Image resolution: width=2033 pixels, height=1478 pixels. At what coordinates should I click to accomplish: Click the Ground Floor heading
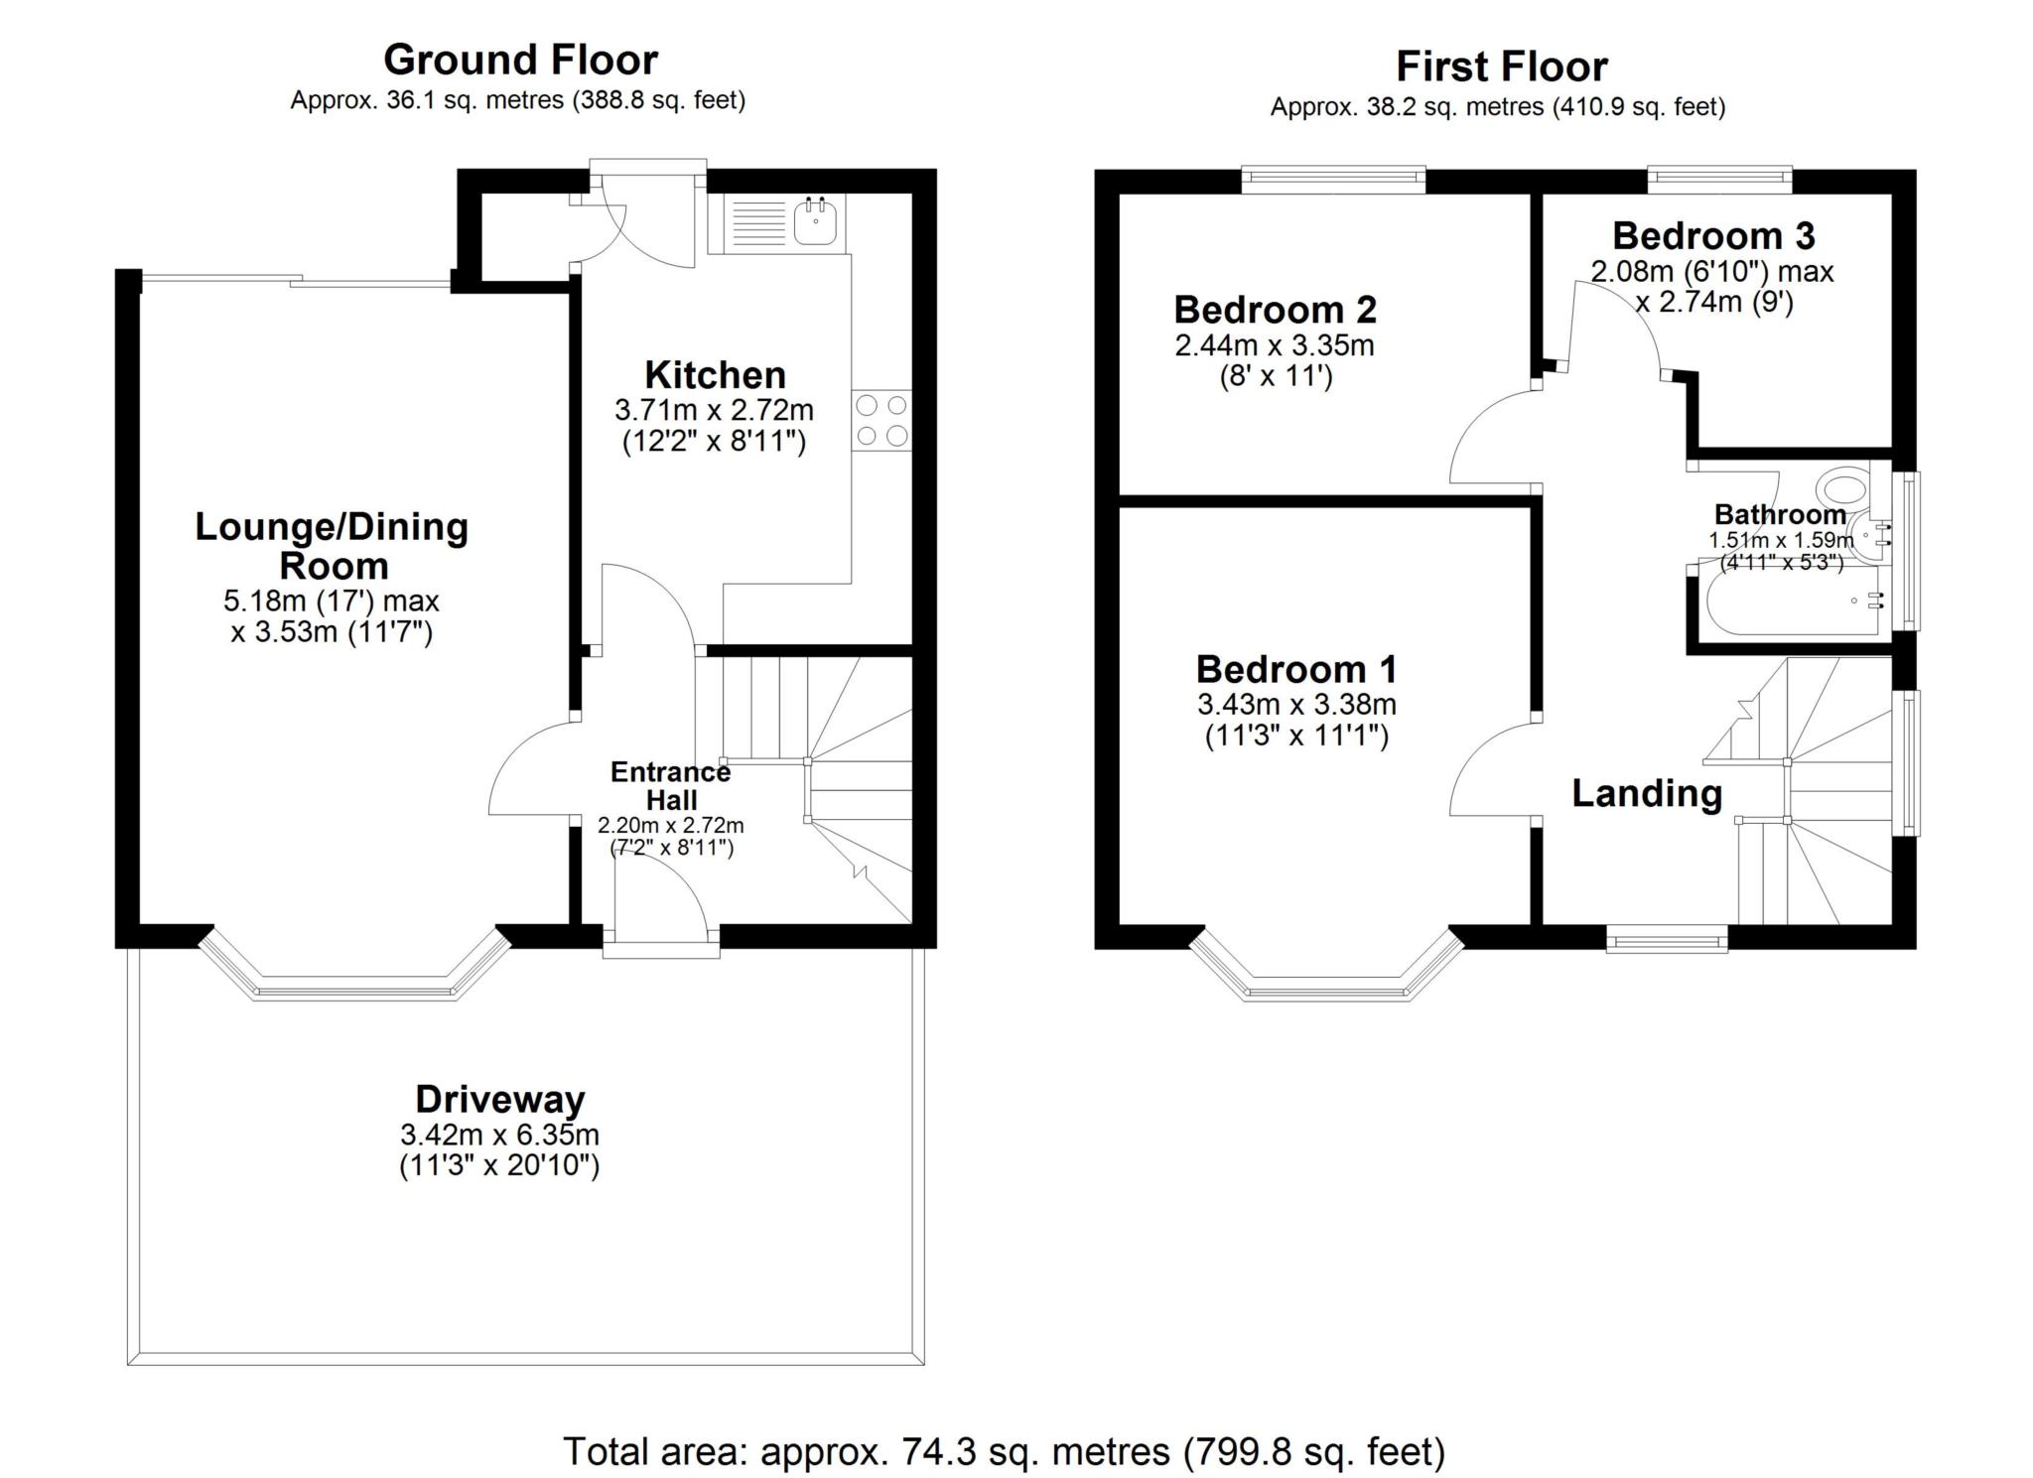[520, 60]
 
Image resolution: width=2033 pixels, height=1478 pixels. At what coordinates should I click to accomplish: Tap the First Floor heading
[1501, 67]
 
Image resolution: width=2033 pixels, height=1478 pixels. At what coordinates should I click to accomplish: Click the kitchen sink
[817, 221]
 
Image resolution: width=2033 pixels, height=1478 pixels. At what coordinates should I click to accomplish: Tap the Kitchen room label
[715, 375]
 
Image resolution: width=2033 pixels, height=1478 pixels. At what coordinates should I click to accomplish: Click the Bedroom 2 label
[1275, 310]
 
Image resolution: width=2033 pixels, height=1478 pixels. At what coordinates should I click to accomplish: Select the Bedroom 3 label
[1713, 236]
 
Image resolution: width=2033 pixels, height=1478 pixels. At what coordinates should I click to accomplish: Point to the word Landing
[1647, 793]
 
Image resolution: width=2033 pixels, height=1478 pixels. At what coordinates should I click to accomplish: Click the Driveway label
[499, 1099]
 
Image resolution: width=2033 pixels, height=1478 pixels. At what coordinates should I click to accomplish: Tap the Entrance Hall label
[670, 785]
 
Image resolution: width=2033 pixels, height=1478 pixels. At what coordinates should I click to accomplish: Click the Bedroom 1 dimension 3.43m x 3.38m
[1295, 705]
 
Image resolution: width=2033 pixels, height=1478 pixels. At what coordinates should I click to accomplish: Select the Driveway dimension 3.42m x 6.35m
[499, 1134]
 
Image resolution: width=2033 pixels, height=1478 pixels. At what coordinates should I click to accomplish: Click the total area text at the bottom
[1004, 1451]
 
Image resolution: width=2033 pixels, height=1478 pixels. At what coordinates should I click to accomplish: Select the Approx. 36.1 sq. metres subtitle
[517, 100]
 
